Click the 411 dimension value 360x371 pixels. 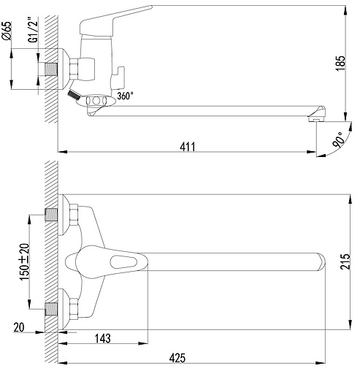point(188,147)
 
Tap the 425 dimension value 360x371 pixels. point(177,358)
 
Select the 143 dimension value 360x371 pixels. point(102,338)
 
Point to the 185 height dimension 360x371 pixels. point(340,64)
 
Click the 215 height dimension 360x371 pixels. point(345,261)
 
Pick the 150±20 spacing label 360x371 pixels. point(24,261)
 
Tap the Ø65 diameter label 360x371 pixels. point(7,31)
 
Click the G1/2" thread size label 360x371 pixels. point(34,30)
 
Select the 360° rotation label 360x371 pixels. point(125,96)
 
